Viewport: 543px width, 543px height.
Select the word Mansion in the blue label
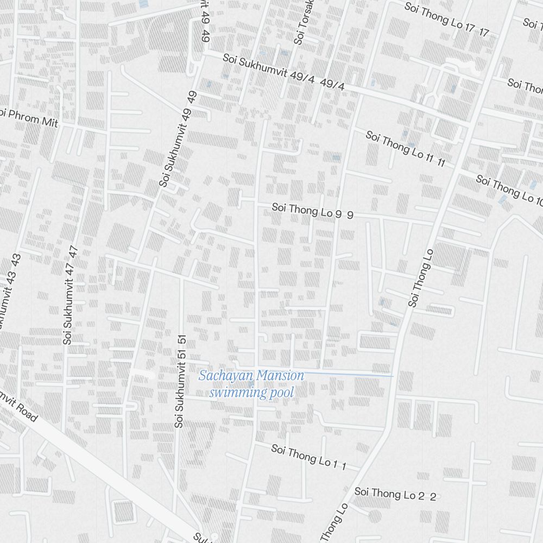pos(280,375)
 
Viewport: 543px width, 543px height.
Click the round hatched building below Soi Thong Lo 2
pos(374,515)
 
